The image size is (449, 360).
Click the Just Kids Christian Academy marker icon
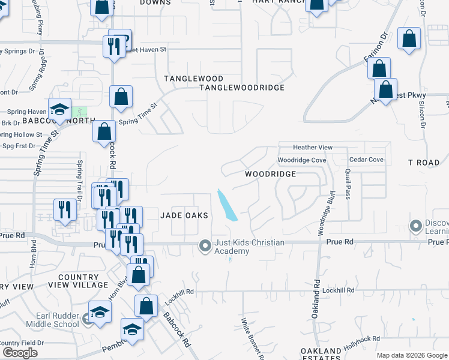click(205, 245)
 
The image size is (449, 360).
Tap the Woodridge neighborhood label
click(270, 173)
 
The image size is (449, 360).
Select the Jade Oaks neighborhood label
click(184, 215)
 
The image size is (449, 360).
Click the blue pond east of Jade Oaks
click(226, 205)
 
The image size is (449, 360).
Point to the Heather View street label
click(312, 148)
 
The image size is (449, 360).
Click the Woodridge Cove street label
click(301, 160)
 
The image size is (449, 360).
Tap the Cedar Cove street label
click(366, 160)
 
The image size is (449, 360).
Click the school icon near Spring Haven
click(59, 109)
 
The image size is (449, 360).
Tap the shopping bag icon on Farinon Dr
click(379, 69)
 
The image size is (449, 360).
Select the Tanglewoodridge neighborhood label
click(242, 88)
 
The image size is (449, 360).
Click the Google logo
click(20, 353)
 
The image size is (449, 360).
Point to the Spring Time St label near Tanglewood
click(138, 113)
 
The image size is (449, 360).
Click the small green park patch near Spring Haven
click(80, 112)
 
